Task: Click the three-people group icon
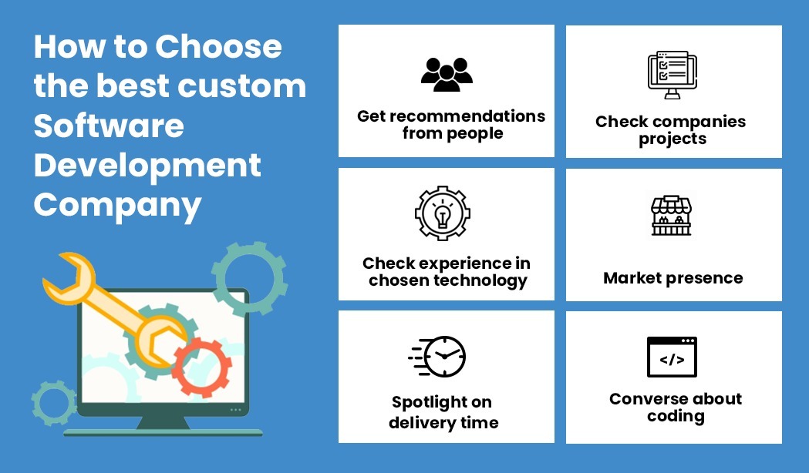pyautogui.click(x=447, y=75)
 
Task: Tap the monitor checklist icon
pyautogui.click(x=672, y=75)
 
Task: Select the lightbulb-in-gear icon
pyautogui.click(x=443, y=213)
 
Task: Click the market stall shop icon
pyautogui.click(x=671, y=216)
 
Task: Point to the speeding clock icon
pyautogui.click(x=437, y=356)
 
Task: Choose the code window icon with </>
pyautogui.click(x=672, y=357)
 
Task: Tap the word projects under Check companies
pyautogui.click(x=672, y=139)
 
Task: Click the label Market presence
pyautogui.click(x=673, y=278)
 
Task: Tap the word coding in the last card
pyautogui.click(x=676, y=416)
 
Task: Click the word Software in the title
pyautogui.click(x=109, y=126)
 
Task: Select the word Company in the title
pyautogui.click(x=118, y=206)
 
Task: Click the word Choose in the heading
pyautogui.click(x=218, y=46)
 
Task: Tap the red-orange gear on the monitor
pyautogui.click(x=202, y=367)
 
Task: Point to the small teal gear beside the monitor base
pyautogui.click(x=54, y=404)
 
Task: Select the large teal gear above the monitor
pyautogui.click(x=250, y=279)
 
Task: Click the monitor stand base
pyautogui.click(x=163, y=431)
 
